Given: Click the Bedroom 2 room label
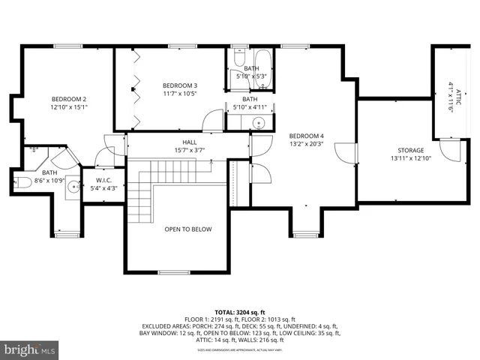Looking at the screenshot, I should tap(69, 99).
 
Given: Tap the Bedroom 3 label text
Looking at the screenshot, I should tap(180, 85).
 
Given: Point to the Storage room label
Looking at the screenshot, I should tap(410, 150).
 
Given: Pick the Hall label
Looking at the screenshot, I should tap(189, 142).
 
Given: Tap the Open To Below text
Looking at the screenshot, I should tap(188, 229).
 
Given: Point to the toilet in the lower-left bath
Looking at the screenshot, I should tap(21, 182).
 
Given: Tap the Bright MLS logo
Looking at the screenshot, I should tap(29, 349).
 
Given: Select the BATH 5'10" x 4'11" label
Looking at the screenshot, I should tap(250, 103).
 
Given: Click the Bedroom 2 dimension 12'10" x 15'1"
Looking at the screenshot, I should tap(69, 107).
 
